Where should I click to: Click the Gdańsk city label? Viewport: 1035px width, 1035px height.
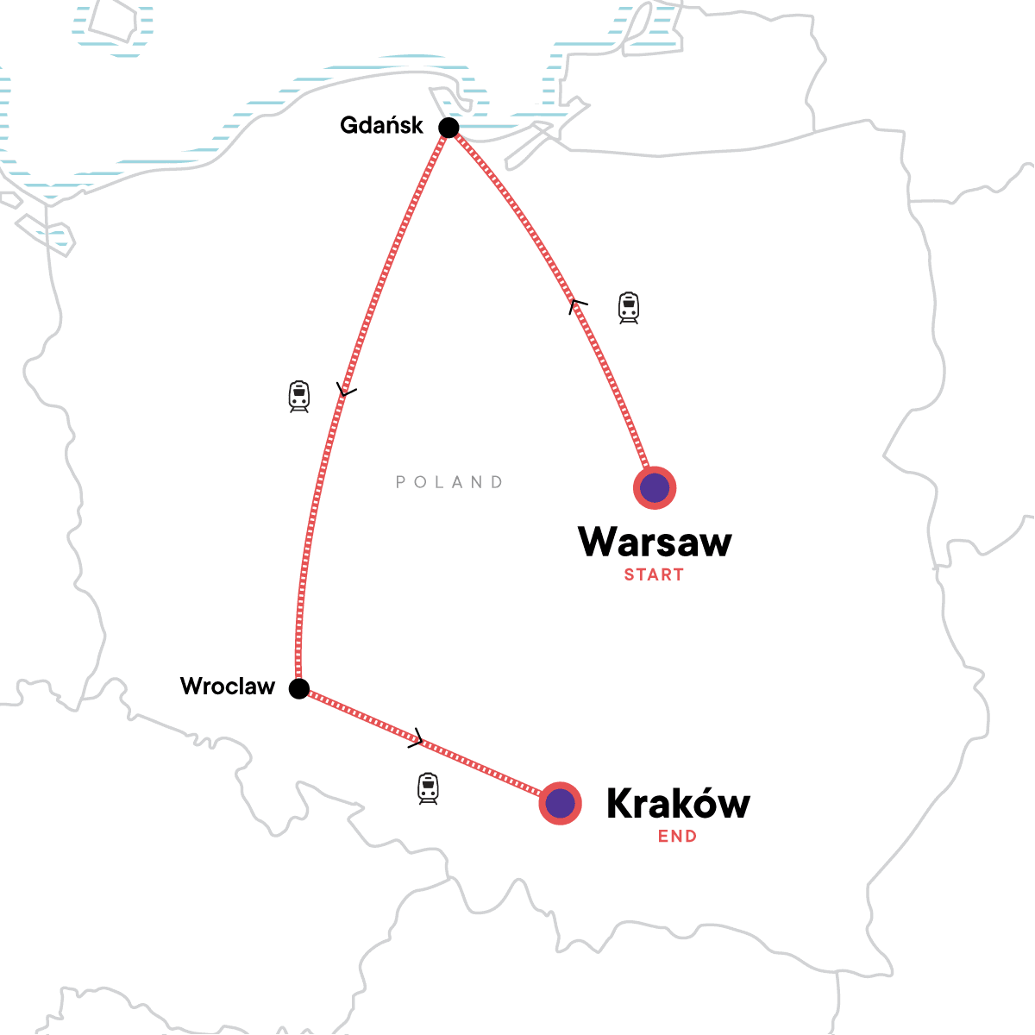pos(381,126)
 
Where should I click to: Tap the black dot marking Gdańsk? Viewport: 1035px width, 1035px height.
pos(448,129)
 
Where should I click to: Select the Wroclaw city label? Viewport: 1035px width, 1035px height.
pos(228,687)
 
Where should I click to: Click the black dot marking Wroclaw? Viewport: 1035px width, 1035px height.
pos(298,688)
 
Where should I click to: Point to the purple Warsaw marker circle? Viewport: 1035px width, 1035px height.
pos(655,488)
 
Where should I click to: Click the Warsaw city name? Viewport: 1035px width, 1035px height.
pos(655,542)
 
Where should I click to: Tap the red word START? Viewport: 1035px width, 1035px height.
pos(654,575)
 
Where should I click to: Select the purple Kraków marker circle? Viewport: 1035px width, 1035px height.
pos(561,804)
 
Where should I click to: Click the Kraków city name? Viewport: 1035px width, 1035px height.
pos(678,804)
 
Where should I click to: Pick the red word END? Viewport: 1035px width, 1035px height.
pos(677,836)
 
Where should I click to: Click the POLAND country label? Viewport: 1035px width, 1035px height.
pos(449,482)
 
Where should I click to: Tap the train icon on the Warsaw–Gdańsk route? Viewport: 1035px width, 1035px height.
pos(629,308)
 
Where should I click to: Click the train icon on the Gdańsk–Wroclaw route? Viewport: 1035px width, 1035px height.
pos(299,397)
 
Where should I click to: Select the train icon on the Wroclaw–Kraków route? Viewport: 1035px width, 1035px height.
pos(428,788)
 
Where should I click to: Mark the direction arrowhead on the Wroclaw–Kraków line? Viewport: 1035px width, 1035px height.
pos(417,737)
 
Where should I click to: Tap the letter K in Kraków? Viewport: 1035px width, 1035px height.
pos(621,804)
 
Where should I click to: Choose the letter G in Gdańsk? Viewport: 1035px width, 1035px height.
pos(349,125)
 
